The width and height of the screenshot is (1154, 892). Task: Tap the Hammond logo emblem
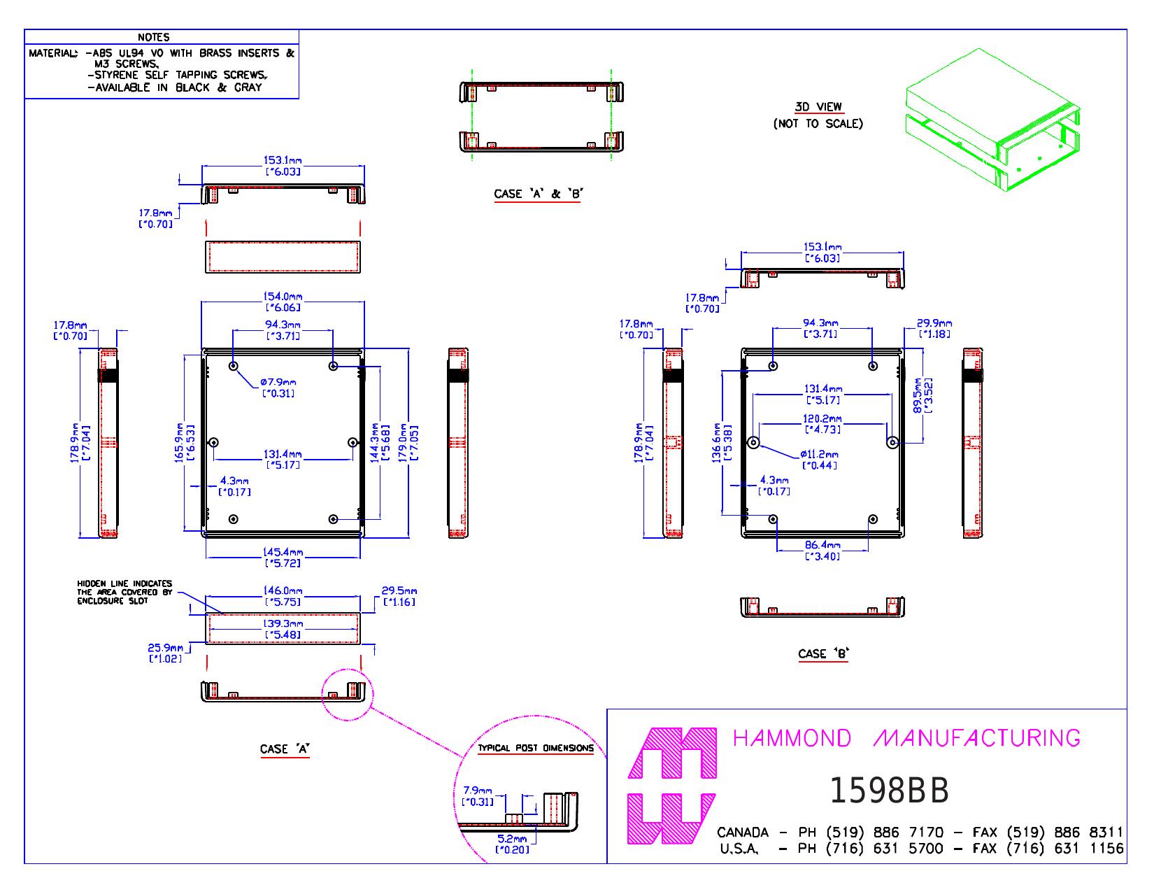pos(672,786)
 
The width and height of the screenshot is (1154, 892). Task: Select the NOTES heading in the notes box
pos(153,37)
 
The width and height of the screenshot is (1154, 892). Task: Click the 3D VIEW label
pos(818,107)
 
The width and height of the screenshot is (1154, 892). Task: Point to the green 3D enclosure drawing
pos(992,120)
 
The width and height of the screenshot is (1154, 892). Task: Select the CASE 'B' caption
pos(824,653)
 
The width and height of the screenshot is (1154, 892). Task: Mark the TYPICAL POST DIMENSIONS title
pos(536,748)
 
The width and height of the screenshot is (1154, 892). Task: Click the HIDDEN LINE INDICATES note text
pos(124,583)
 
